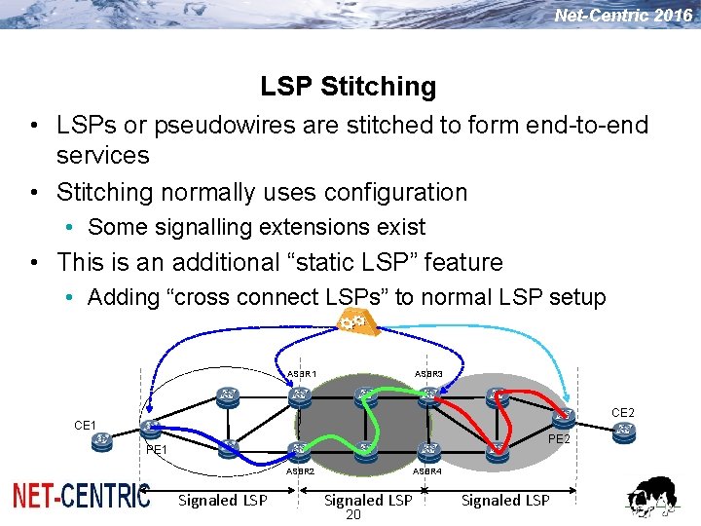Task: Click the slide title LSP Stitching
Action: click(x=349, y=87)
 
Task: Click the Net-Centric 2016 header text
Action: click(x=623, y=15)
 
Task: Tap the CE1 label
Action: click(x=86, y=425)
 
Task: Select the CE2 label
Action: click(x=623, y=413)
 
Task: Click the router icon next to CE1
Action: click(x=101, y=440)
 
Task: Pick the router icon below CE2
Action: click(x=624, y=430)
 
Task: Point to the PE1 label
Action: click(x=156, y=450)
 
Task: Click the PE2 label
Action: click(x=559, y=439)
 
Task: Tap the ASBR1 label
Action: click(x=302, y=374)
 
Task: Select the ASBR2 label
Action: click(x=300, y=470)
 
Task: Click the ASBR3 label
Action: click(x=428, y=374)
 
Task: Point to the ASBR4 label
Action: click(x=427, y=470)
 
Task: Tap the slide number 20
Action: click(x=352, y=515)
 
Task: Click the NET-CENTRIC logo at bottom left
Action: click(x=81, y=496)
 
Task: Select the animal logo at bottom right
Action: click(x=654, y=497)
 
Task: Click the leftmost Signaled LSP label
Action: click(x=223, y=500)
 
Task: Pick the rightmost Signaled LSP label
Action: click(x=505, y=500)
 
